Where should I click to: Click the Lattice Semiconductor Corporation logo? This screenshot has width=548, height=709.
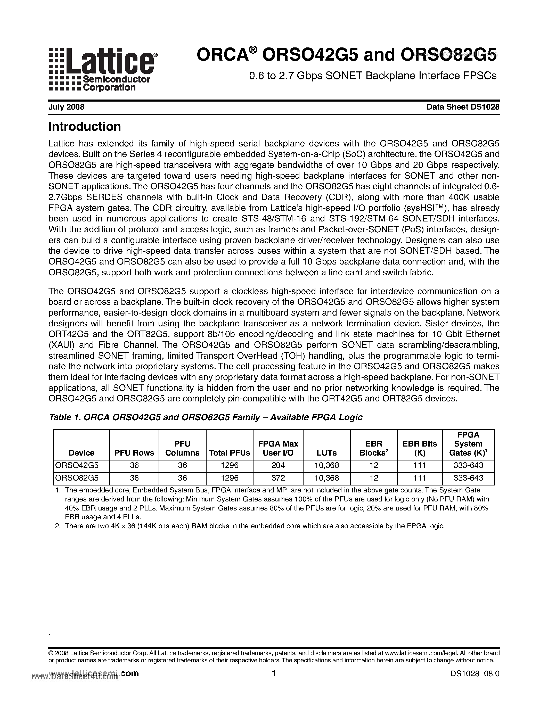click(x=103, y=69)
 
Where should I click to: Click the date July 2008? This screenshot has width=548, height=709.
click(x=66, y=107)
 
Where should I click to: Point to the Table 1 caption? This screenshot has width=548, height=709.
click(x=205, y=417)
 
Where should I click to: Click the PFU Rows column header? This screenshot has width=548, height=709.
click(x=134, y=453)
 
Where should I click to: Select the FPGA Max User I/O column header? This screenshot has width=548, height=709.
click(x=278, y=448)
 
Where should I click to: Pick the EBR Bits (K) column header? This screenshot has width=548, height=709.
click(x=420, y=448)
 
